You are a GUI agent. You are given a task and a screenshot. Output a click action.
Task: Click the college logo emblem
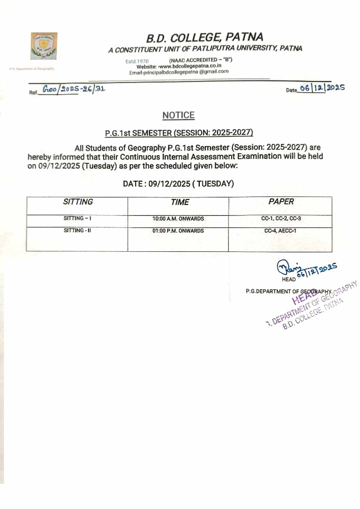44,46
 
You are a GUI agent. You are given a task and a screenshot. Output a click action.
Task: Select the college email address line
179,72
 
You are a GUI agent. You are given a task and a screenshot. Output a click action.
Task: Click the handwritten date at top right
322,88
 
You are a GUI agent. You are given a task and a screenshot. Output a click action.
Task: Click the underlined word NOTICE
178,115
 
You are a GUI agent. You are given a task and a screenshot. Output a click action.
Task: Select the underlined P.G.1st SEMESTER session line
179,133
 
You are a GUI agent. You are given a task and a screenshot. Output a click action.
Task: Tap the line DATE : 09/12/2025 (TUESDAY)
178,184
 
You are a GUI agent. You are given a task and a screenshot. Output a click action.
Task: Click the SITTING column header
78,202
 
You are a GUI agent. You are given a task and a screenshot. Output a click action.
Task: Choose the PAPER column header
281,202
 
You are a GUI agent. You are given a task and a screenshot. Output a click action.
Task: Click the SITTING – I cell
77,218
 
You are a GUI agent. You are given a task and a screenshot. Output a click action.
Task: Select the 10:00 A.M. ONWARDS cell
178,219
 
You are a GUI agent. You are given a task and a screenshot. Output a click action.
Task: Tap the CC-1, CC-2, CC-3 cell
280,219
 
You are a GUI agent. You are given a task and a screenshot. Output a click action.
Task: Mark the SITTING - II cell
77,230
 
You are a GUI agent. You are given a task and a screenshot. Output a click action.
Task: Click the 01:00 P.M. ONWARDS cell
178,231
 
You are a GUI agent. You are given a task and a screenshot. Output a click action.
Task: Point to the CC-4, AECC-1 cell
280,231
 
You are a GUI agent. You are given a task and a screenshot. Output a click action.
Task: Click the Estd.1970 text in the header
137,61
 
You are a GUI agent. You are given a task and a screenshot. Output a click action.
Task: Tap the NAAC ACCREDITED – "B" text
201,60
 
